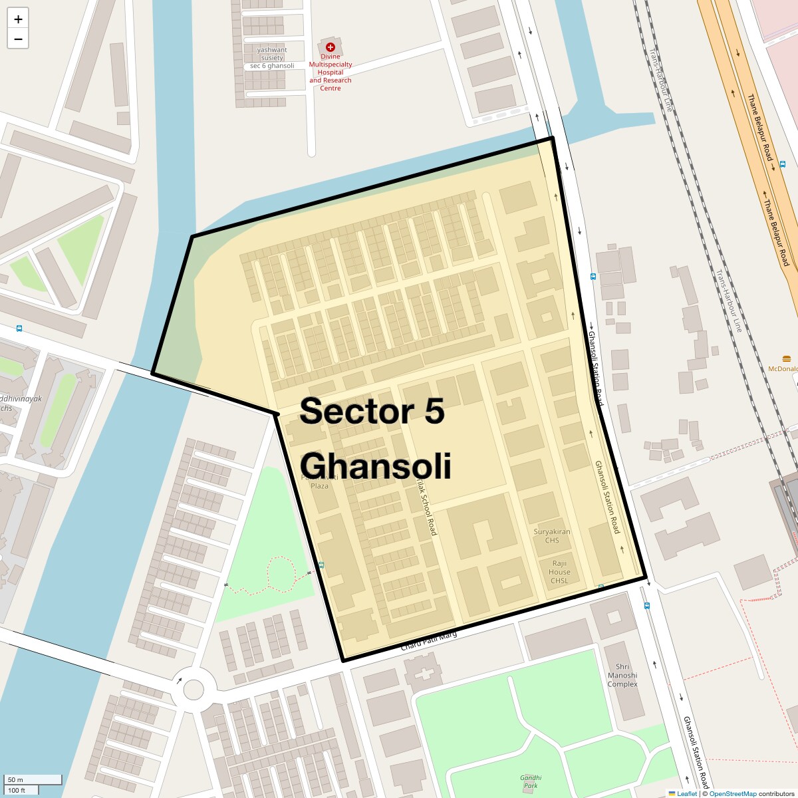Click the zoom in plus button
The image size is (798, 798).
(18, 19)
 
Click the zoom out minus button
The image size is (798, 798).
(18, 39)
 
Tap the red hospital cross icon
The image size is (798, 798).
(330, 47)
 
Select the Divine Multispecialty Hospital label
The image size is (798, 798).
(330, 72)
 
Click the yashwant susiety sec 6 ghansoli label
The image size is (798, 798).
(272, 58)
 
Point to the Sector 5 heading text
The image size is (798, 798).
(372, 411)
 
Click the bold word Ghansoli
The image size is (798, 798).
(376, 465)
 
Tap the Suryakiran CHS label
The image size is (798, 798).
(552, 536)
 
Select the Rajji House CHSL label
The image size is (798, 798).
(559, 572)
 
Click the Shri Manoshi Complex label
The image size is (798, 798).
(622, 675)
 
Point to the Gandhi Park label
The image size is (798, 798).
(531, 781)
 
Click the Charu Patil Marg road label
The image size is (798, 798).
(429, 641)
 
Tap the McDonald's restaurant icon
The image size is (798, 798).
(793, 358)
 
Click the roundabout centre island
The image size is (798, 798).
(194, 689)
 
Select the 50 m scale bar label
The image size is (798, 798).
(15, 780)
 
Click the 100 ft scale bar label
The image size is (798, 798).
(17, 790)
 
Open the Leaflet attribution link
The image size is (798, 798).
(686, 793)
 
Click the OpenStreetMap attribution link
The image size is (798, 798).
(732, 793)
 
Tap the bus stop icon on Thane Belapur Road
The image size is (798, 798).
(783, 164)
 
